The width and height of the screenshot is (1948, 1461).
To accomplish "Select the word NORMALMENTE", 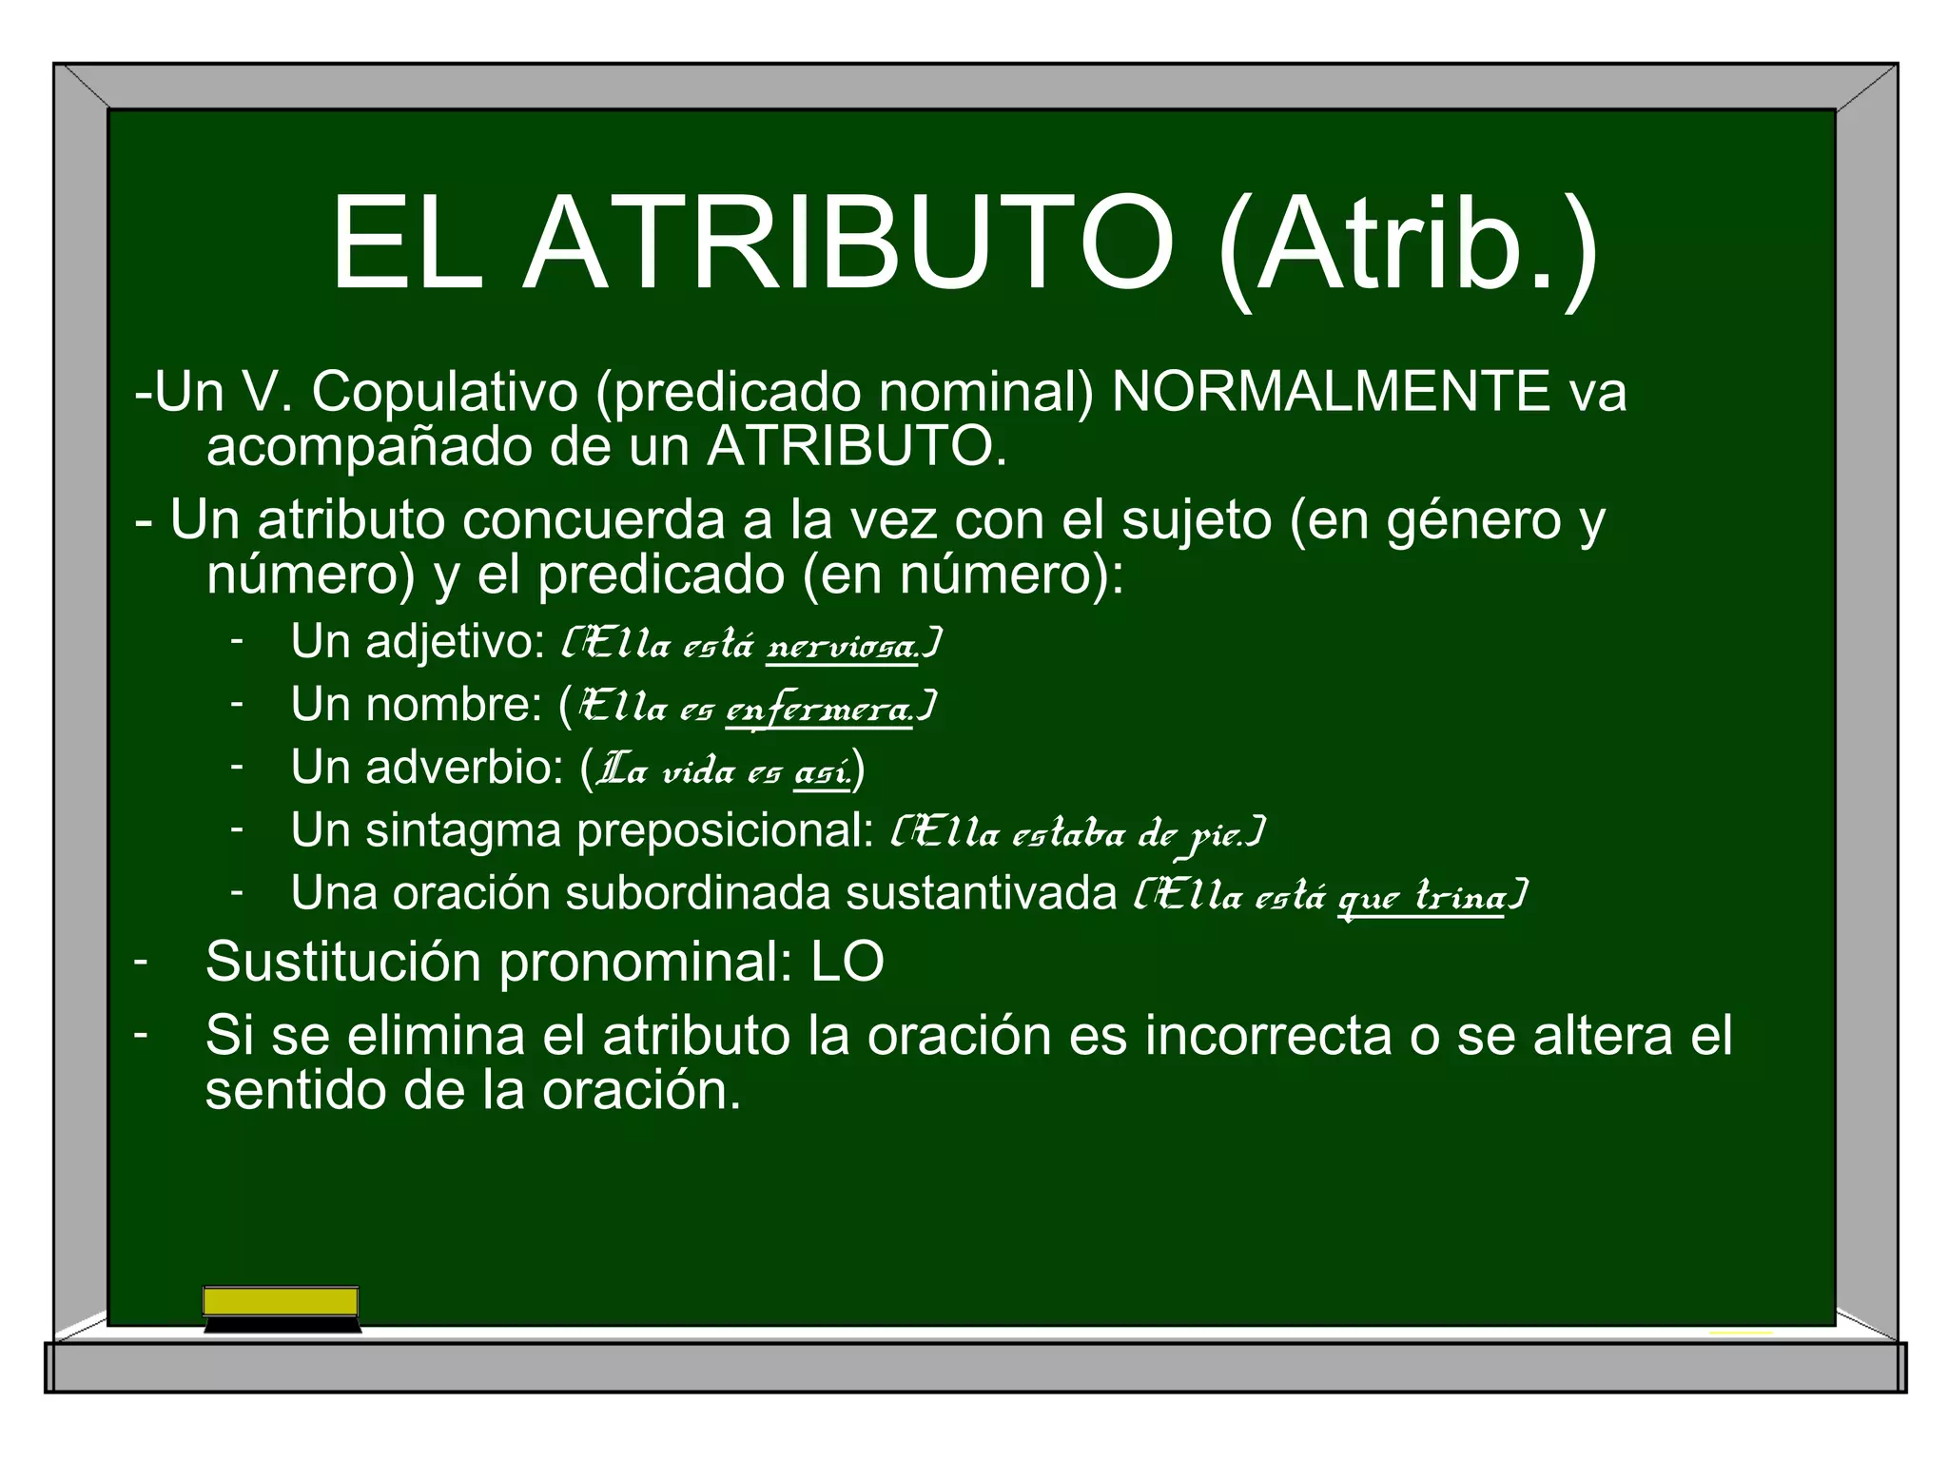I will (1331, 391).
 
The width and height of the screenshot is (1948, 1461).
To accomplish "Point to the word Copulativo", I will (444, 391).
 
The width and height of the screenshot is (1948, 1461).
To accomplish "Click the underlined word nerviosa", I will (842, 647).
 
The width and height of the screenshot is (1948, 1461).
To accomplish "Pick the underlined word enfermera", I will (819, 710).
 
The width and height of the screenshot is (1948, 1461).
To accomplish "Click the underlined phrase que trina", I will (1421, 897).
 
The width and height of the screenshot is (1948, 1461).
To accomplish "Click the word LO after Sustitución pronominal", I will (847, 962).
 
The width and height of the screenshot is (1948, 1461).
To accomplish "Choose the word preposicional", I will (725, 829).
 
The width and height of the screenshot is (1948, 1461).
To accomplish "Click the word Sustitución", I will (343, 962).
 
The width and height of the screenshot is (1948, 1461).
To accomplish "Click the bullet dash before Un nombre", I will (237, 704).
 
